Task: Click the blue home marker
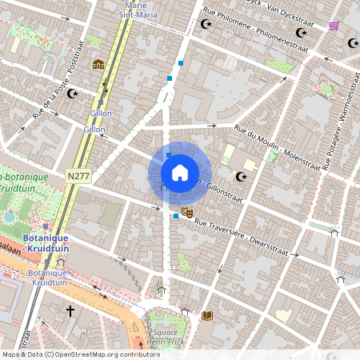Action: click(180, 172)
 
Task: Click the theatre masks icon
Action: click(187, 212)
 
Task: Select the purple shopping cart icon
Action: click(334, 26)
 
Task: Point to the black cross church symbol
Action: click(70, 310)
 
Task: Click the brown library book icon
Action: click(207, 316)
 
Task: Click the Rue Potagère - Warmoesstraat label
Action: click(345, 104)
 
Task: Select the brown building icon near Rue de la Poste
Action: click(98, 64)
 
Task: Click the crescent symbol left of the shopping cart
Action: click(301, 33)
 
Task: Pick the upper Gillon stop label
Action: click(101, 114)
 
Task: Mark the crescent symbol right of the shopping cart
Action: click(353, 43)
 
